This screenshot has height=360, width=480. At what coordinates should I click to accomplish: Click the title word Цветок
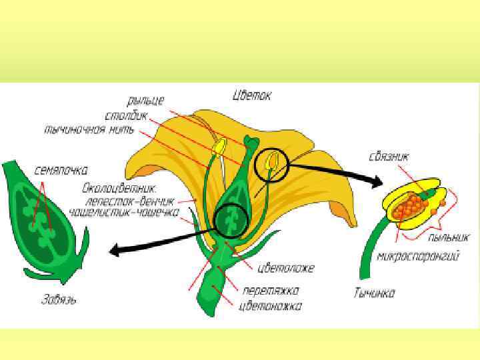pos(252,96)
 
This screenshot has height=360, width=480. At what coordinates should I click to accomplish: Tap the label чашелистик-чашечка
pos(132,213)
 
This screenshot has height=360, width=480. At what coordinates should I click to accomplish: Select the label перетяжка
pos(271,291)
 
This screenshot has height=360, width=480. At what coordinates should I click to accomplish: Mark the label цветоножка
pos(270,306)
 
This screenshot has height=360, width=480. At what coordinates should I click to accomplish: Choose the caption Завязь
pos(57,300)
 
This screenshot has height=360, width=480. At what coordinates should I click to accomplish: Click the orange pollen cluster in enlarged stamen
pos(409,205)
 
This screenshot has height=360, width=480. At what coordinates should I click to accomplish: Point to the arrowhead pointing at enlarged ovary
pos(115,251)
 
